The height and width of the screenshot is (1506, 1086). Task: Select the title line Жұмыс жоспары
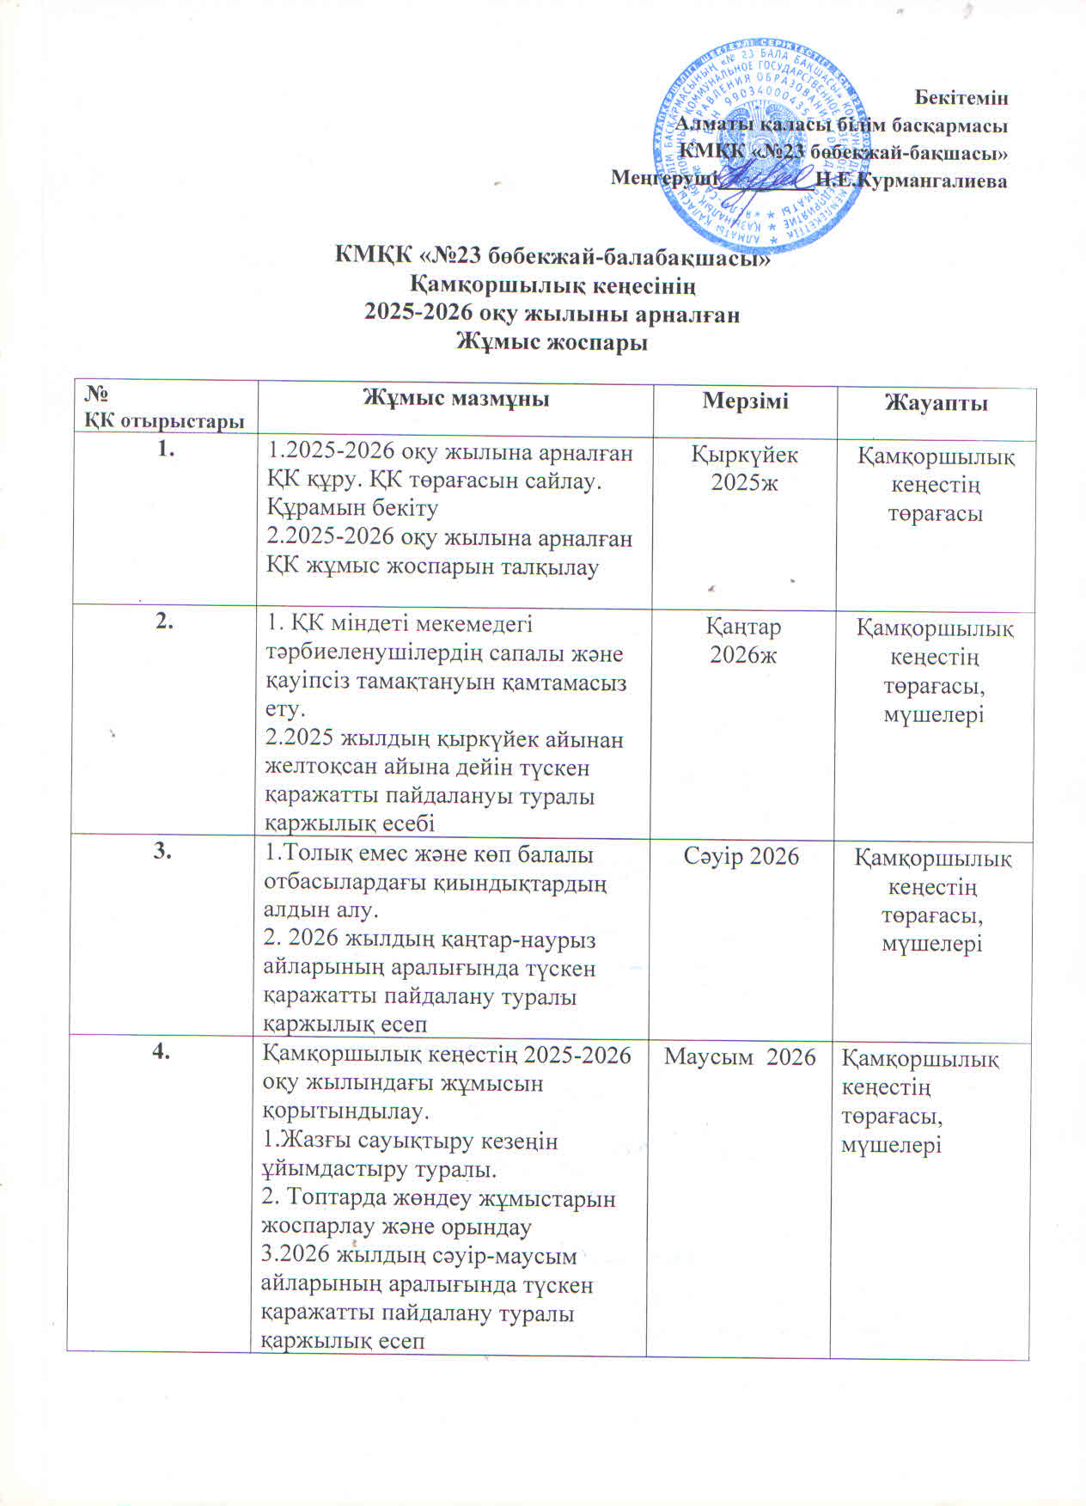coord(550,343)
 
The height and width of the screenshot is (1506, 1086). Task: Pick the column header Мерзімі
coord(745,400)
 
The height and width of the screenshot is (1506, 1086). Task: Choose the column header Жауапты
coord(936,403)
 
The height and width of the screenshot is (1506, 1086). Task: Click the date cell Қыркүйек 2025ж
coord(745,468)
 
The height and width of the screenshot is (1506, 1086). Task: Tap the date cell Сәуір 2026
coord(741,856)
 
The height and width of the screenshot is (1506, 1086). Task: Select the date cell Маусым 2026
coord(740,1056)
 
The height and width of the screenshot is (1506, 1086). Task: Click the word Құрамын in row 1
coord(310,508)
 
